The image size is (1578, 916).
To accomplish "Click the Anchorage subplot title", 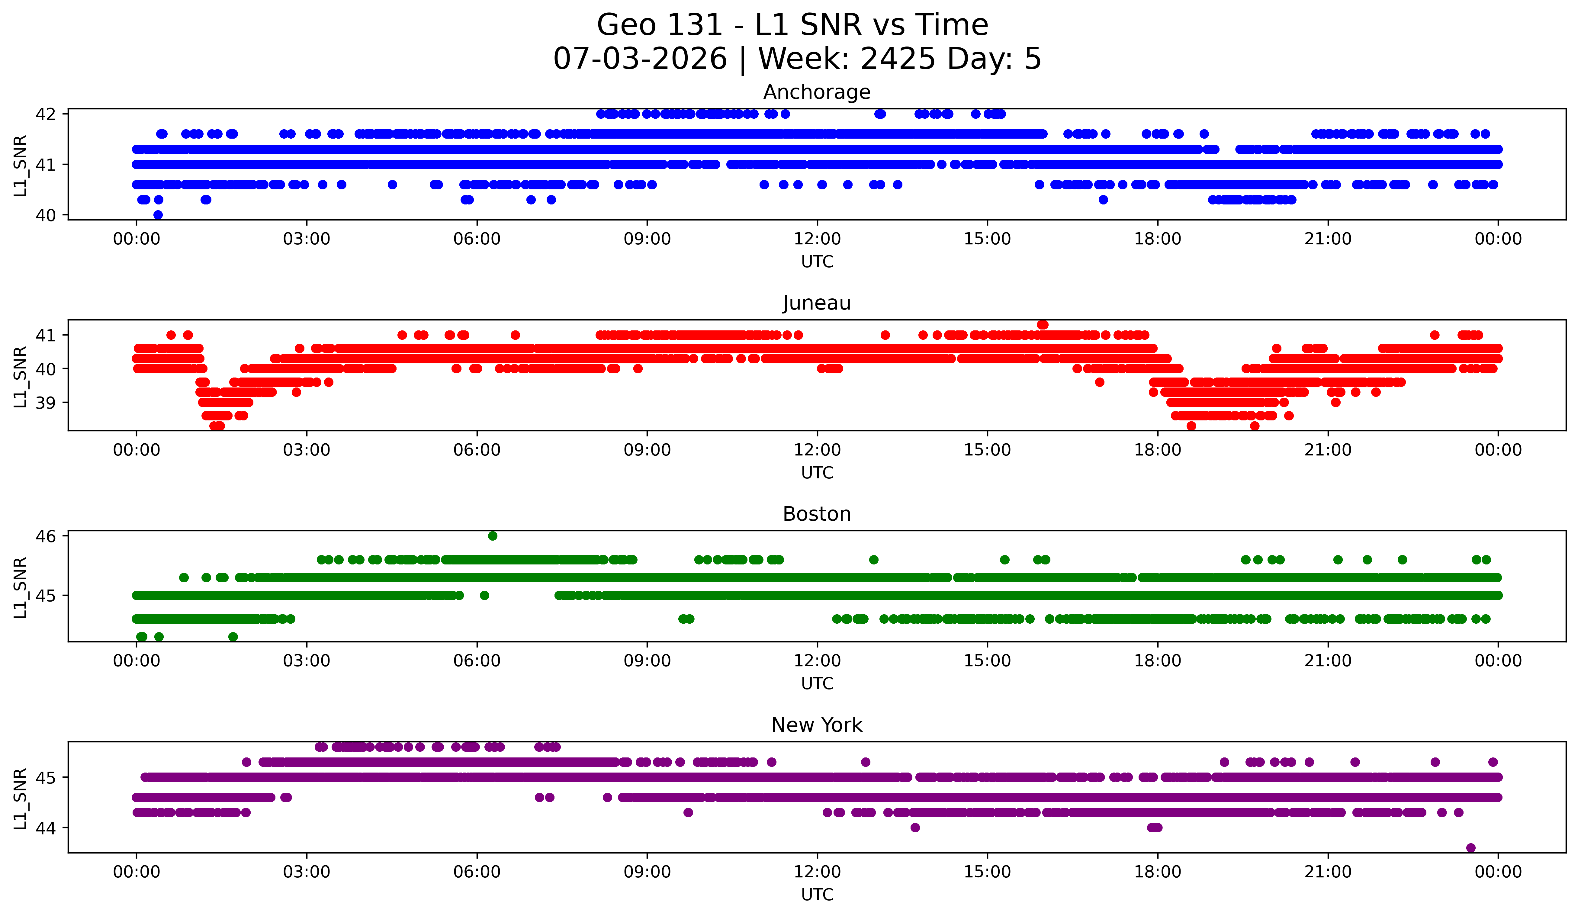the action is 817,92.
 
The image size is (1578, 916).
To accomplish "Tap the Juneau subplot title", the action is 817,303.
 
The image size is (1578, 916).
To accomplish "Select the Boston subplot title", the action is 817,514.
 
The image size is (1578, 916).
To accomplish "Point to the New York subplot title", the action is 817,725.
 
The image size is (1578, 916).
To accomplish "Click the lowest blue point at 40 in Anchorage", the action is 158,215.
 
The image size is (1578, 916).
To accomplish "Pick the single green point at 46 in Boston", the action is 493,536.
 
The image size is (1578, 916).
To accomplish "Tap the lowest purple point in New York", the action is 1471,848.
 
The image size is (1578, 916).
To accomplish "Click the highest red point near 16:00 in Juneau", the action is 1043,324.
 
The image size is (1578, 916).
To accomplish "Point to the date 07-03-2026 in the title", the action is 640,59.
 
